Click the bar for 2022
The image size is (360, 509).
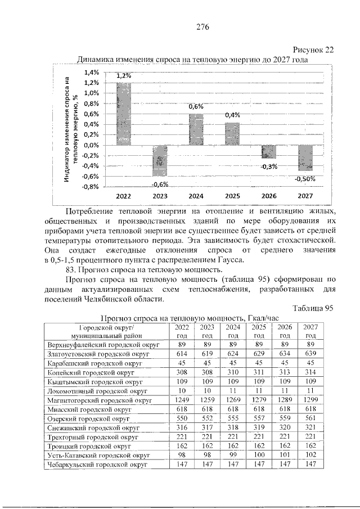click(x=124, y=113)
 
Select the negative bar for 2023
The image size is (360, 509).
click(x=160, y=160)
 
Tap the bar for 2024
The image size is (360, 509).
click(x=196, y=129)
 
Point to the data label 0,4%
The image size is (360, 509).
click(x=232, y=115)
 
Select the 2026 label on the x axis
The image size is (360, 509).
click(x=269, y=196)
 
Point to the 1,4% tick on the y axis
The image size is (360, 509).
click(x=92, y=72)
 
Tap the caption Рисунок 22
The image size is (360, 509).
click(x=314, y=49)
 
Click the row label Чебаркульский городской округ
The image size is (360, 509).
click(x=97, y=465)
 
